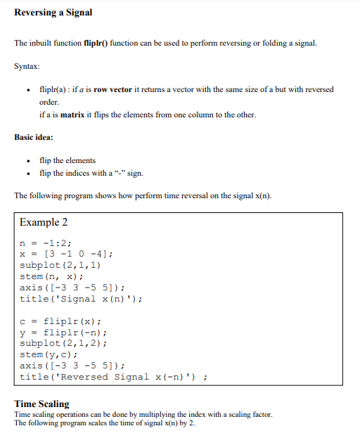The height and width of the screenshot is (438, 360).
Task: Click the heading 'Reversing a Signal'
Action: click(x=53, y=13)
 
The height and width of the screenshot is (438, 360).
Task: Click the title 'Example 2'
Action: click(x=44, y=222)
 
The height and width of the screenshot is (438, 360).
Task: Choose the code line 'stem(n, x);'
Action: click(x=51, y=276)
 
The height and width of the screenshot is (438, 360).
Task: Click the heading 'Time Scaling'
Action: click(x=42, y=404)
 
